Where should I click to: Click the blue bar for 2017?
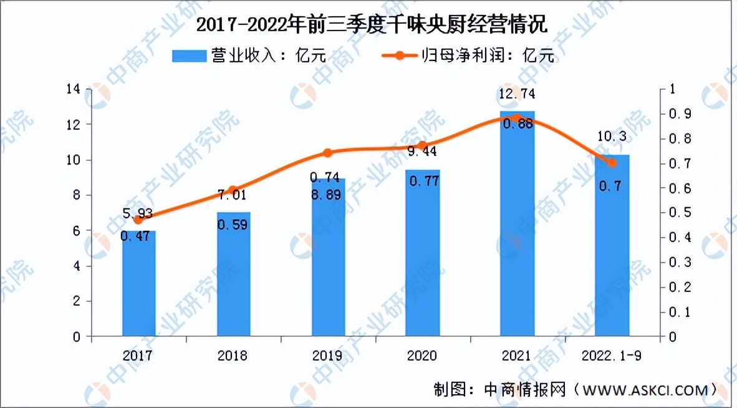(138, 284)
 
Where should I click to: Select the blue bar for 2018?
(233, 274)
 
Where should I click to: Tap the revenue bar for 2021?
(518, 225)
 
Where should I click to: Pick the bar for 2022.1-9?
(612, 246)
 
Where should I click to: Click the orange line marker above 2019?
(328, 153)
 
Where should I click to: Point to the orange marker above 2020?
(423, 145)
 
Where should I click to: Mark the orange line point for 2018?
(233, 190)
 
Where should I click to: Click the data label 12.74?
(518, 95)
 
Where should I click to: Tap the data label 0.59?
(233, 225)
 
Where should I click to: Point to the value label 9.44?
(423, 151)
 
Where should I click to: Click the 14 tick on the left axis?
(73, 89)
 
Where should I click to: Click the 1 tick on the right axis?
(672, 89)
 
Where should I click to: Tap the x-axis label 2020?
(423, 356)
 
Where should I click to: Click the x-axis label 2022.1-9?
(612, 356)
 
